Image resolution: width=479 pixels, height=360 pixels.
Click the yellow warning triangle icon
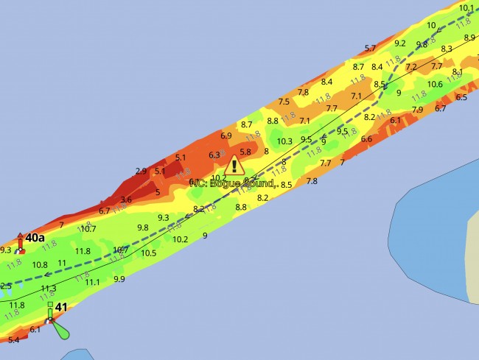click(x=234, y=165)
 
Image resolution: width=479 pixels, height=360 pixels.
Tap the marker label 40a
click(x=35, y=238)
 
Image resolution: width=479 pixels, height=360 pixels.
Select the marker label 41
click(x=61, y=308)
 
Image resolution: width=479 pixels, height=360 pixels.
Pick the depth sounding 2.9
click(x=141, y=171)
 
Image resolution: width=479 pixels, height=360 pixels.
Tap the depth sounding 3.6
click(x=126, y=200)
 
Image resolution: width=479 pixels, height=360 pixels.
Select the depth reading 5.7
click(x=370, y=49)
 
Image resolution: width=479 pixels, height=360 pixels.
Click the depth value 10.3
click(x=284, y=141)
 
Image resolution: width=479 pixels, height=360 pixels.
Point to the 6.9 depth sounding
click(x=226, y=135)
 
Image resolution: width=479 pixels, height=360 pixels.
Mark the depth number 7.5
click(x=284, y=102)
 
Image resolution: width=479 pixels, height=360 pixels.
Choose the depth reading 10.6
click(x=435, y=84)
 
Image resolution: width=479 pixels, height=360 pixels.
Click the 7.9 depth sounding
click(x=417, y=110)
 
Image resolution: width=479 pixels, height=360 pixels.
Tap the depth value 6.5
click(x=461, y=97)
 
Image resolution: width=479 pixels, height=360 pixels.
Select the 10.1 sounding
click(x=466, y=8)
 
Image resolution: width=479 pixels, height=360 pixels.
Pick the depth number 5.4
click(x=13, y=340)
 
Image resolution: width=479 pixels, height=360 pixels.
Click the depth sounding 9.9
click(x=119, y=279)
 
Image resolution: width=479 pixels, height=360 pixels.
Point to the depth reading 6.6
click(x=366, y=138)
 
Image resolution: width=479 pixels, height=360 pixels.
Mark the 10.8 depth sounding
click(x=40, y=264)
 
